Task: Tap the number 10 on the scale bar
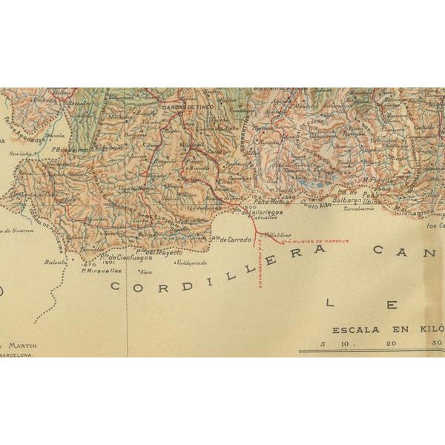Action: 346,343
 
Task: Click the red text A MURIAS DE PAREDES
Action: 311,240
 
